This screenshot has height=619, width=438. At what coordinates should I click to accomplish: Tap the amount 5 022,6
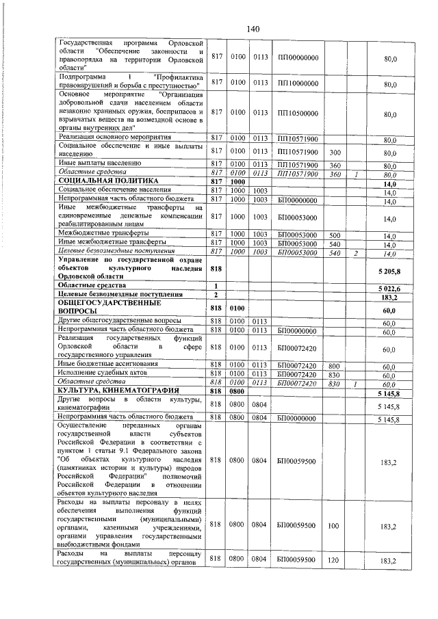click(x=387, y=289)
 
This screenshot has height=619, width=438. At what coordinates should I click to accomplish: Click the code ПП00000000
click(x=298, y=57)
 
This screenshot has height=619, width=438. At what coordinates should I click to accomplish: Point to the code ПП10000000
click(x=298, y=83)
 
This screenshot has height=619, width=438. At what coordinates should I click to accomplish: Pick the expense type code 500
click(x=335, y=234)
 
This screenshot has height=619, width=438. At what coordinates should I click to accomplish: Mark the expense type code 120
click(x=335, y=559)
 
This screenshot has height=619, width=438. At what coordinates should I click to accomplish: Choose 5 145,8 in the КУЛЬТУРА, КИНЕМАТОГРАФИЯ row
click(x=387, y=391)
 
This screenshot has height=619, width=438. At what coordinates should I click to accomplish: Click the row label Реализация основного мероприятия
click(x=116, y=138)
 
